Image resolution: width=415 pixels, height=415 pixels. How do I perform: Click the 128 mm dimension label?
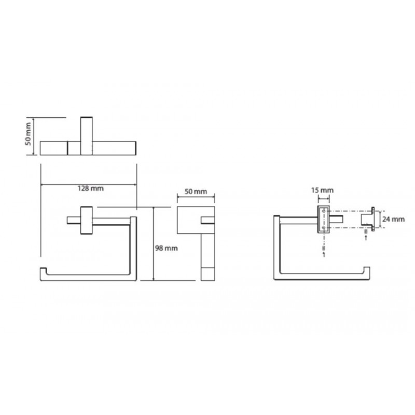pos(90,188)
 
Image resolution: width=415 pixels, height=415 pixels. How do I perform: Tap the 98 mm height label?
pos(166,248)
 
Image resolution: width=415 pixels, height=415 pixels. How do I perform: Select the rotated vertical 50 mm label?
pos(29,134)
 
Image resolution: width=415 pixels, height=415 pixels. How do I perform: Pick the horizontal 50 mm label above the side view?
pos(196,191)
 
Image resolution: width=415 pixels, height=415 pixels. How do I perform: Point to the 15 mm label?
pos(322,190)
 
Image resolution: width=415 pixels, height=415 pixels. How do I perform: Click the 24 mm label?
pos(393,219)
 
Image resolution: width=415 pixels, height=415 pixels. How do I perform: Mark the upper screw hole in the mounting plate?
pos(324,211)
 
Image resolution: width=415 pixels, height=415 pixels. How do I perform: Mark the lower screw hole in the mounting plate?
pos(324,227)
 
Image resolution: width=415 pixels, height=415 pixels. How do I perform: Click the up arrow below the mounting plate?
pos(324,255)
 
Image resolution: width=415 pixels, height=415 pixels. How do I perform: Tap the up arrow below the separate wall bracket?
pos(366,238)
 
